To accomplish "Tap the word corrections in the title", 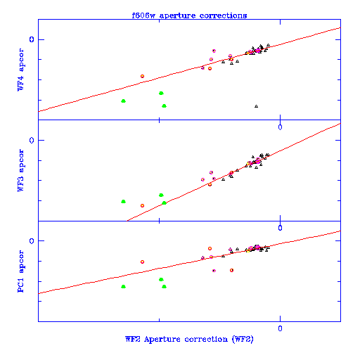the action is [x=223, y=15].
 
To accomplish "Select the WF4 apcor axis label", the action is [x=20, y=70].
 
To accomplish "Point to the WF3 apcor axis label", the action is [x=20, y=170].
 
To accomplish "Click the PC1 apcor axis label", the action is [x=20, y=271].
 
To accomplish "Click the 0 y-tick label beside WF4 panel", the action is [x=32, y=39].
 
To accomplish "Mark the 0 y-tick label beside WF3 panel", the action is [x=32, y=140].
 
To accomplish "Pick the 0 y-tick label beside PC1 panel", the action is [x=32, y=241].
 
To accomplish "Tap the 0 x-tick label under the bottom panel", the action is [x=280, y=328].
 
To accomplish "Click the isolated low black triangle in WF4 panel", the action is [x=256, y=106].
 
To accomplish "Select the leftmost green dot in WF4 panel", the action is [x=124, y=101].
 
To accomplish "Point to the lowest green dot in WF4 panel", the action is [x=164, y=106].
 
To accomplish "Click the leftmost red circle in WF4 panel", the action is [x=142, y=76].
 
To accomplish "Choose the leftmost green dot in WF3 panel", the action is [x=124, y=202].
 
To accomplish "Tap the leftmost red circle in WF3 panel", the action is [x=142, y=205].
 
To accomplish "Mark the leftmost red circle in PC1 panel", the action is [x=142, y=262].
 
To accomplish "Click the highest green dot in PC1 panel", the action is [x=161, y=279].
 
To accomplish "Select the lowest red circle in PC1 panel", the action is [x=231, y=270].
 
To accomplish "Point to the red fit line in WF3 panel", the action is [x=233, y=172].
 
